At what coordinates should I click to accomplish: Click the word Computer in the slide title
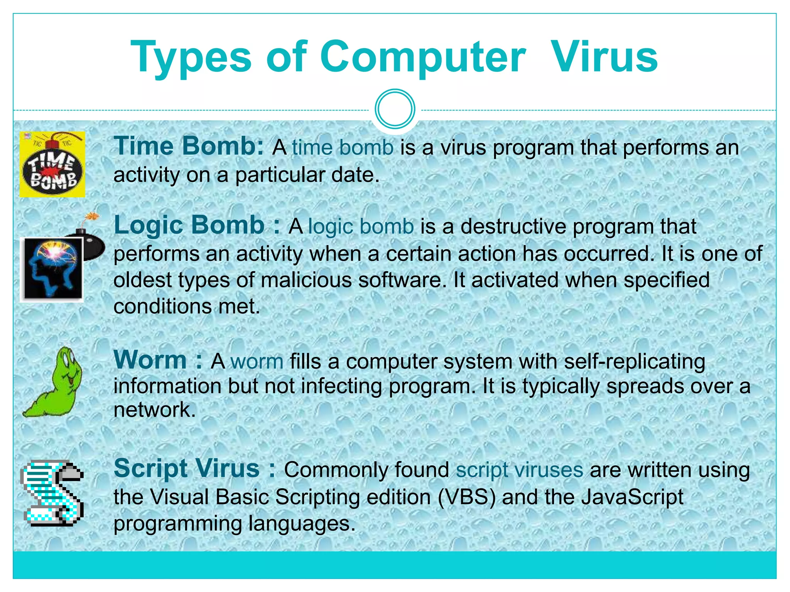(422, 58)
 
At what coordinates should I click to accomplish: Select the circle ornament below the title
(395, 109)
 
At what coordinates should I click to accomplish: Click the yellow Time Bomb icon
(52, 165)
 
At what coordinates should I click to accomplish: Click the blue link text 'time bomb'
(343, 148)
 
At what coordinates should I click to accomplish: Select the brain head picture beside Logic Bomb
(52, 269)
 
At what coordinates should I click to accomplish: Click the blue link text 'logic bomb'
(361, 226)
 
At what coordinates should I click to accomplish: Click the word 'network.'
(155, 409)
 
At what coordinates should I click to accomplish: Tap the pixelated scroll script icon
(52, 493)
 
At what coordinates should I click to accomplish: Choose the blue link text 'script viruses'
(519, 470)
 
